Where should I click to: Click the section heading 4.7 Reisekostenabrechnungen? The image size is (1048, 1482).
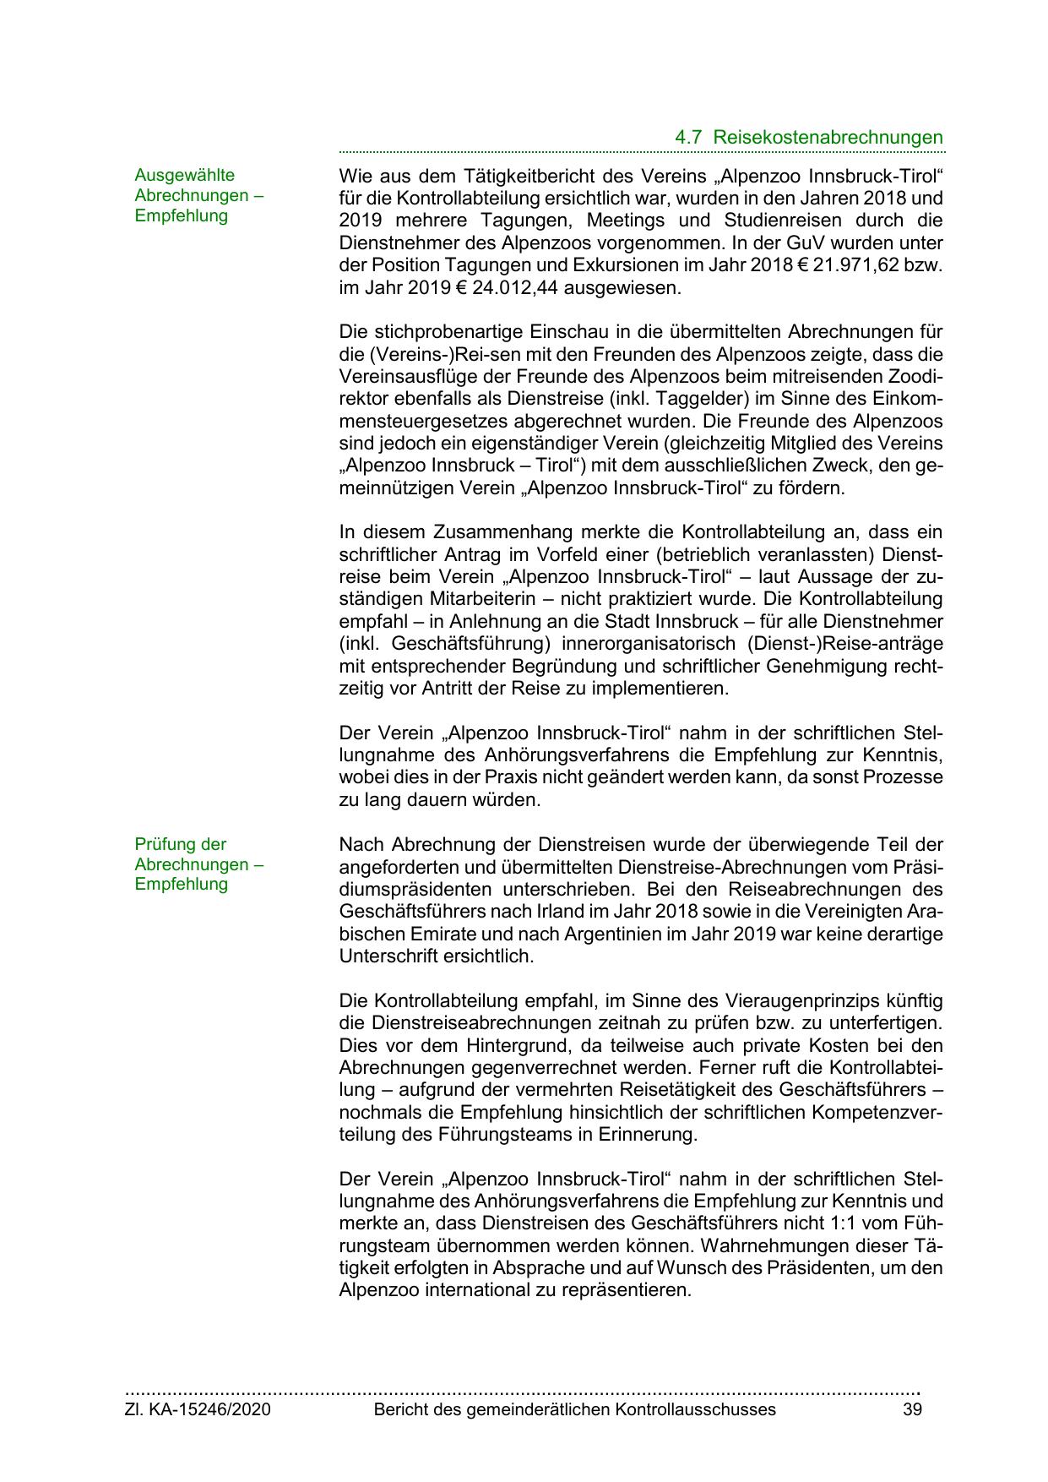pyautogui.click(x=809, y=137)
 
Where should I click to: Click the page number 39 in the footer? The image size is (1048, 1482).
pyautogui.click(x=912, y=1409)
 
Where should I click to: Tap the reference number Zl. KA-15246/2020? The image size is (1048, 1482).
pyautogui.click(x=198, y=1409)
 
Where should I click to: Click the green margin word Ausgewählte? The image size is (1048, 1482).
pyautogui.click(x=185, y=175)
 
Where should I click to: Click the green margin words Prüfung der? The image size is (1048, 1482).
pyautogui.click(x=181, y=844)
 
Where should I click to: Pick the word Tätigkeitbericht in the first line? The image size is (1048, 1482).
pyautogui.click(x=524, y=177)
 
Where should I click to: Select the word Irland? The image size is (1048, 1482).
pyautogui.click(x=562, y=913)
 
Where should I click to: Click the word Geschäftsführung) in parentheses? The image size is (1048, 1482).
pyautogui.click(x=453, y=643)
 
